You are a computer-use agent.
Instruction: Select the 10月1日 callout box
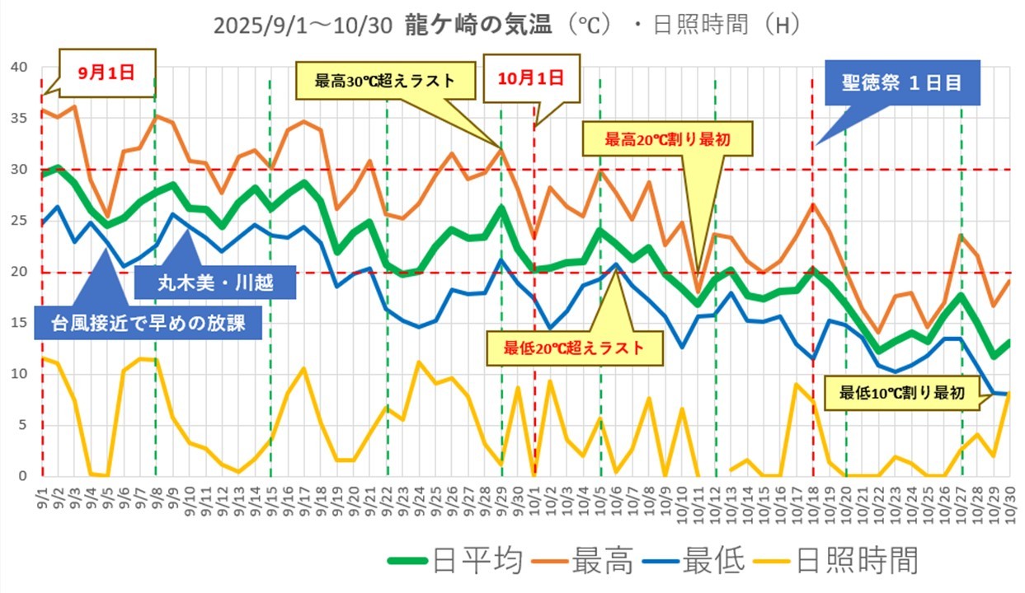531,79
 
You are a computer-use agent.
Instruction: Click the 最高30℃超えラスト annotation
384,82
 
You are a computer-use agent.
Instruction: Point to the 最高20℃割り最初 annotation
668,139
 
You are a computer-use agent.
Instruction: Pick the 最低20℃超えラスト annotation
575,348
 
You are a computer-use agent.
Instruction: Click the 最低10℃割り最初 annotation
901,393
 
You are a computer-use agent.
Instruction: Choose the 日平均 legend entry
457,562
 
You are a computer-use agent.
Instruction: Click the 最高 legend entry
588,562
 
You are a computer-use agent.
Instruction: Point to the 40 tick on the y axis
17,67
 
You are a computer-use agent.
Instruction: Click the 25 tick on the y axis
17,221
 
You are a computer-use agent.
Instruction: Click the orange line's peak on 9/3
75,106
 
